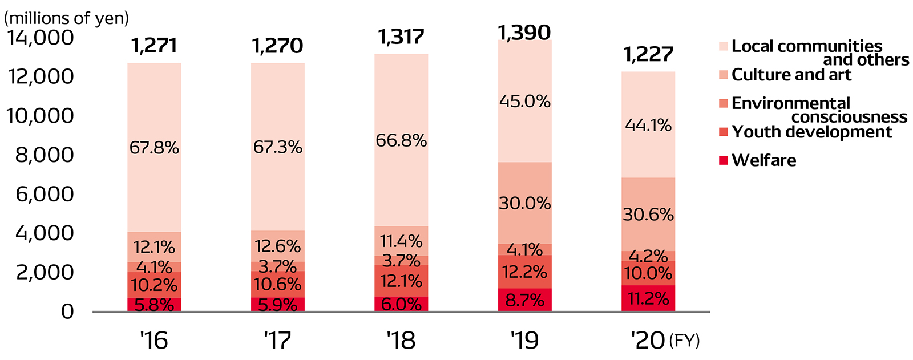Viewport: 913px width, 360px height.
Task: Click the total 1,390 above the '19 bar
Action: click(524, 33)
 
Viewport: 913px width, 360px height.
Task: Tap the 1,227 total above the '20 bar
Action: click(648, 55)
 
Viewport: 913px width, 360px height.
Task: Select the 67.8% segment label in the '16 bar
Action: click(154, 148)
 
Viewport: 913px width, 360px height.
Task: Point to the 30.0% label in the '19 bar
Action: click(524, 204)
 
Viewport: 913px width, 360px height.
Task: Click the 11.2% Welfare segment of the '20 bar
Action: click(648, 298)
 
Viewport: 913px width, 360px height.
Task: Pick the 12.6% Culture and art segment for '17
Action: click(278, 246)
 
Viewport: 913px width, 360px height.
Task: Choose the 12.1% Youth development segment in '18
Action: click(401, 281)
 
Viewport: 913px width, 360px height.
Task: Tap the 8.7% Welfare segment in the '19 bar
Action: click(524, 300)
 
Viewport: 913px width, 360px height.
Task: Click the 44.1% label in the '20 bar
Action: click(648, 125)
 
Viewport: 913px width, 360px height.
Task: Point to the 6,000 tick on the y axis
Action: click(45, 195)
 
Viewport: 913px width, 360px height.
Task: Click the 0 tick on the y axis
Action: click(68, 312)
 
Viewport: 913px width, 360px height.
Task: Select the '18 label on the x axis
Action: click(401, 341)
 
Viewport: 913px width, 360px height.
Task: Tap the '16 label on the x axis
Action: click(154, 341)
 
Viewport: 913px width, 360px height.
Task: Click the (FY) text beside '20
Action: click(684, 341)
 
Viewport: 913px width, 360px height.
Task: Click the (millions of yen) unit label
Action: click(66, 18)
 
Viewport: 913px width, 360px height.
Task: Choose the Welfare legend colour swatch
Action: click(723, 160)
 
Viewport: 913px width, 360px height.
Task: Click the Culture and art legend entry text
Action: click(791, 75)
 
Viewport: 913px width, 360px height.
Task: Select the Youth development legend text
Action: click(811, 132)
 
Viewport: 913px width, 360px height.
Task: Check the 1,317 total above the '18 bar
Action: click(401, 37)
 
